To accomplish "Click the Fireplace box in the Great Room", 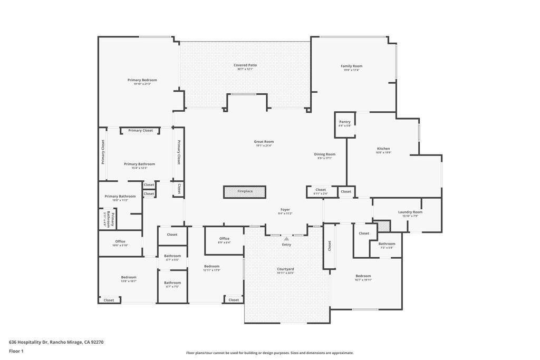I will coord(244,191).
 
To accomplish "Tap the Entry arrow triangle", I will coord(286,239).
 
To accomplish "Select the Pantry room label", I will coord(345,122).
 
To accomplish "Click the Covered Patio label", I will coord(245,65).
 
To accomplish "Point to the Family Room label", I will coord(351,66).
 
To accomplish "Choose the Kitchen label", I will coord(383,149).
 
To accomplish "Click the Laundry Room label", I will coord(410,212).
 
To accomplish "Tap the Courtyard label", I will coord(285,269).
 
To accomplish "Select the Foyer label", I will coord(285,210).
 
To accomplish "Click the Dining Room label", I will coord(325,154).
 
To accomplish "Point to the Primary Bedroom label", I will coord(142,80).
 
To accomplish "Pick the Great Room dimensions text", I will coord(264,145).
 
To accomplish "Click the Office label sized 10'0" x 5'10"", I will coord(120,241).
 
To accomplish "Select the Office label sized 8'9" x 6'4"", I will coord(224,239).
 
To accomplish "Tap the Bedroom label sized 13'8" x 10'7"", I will coord(129,277).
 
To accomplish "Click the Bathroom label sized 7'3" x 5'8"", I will coord(387,244).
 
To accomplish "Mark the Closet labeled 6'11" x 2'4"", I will coord(321,190).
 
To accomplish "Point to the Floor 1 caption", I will coord(16,351).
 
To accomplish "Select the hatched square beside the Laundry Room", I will coord(383,226).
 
